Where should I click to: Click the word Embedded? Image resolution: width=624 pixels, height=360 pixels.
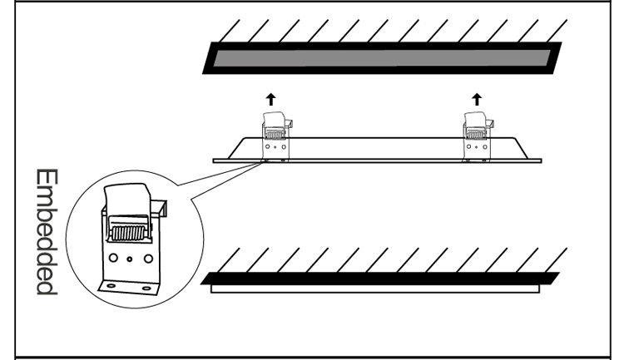coord(45,233)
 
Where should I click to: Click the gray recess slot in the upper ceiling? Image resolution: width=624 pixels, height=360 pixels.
coord(379,59)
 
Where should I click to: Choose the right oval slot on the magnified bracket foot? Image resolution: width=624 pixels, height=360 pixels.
coord(146,288)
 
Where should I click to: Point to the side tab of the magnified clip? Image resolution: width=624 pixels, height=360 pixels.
coord(160,205)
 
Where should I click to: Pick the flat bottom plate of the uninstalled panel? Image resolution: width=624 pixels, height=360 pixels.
coord(379,157)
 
